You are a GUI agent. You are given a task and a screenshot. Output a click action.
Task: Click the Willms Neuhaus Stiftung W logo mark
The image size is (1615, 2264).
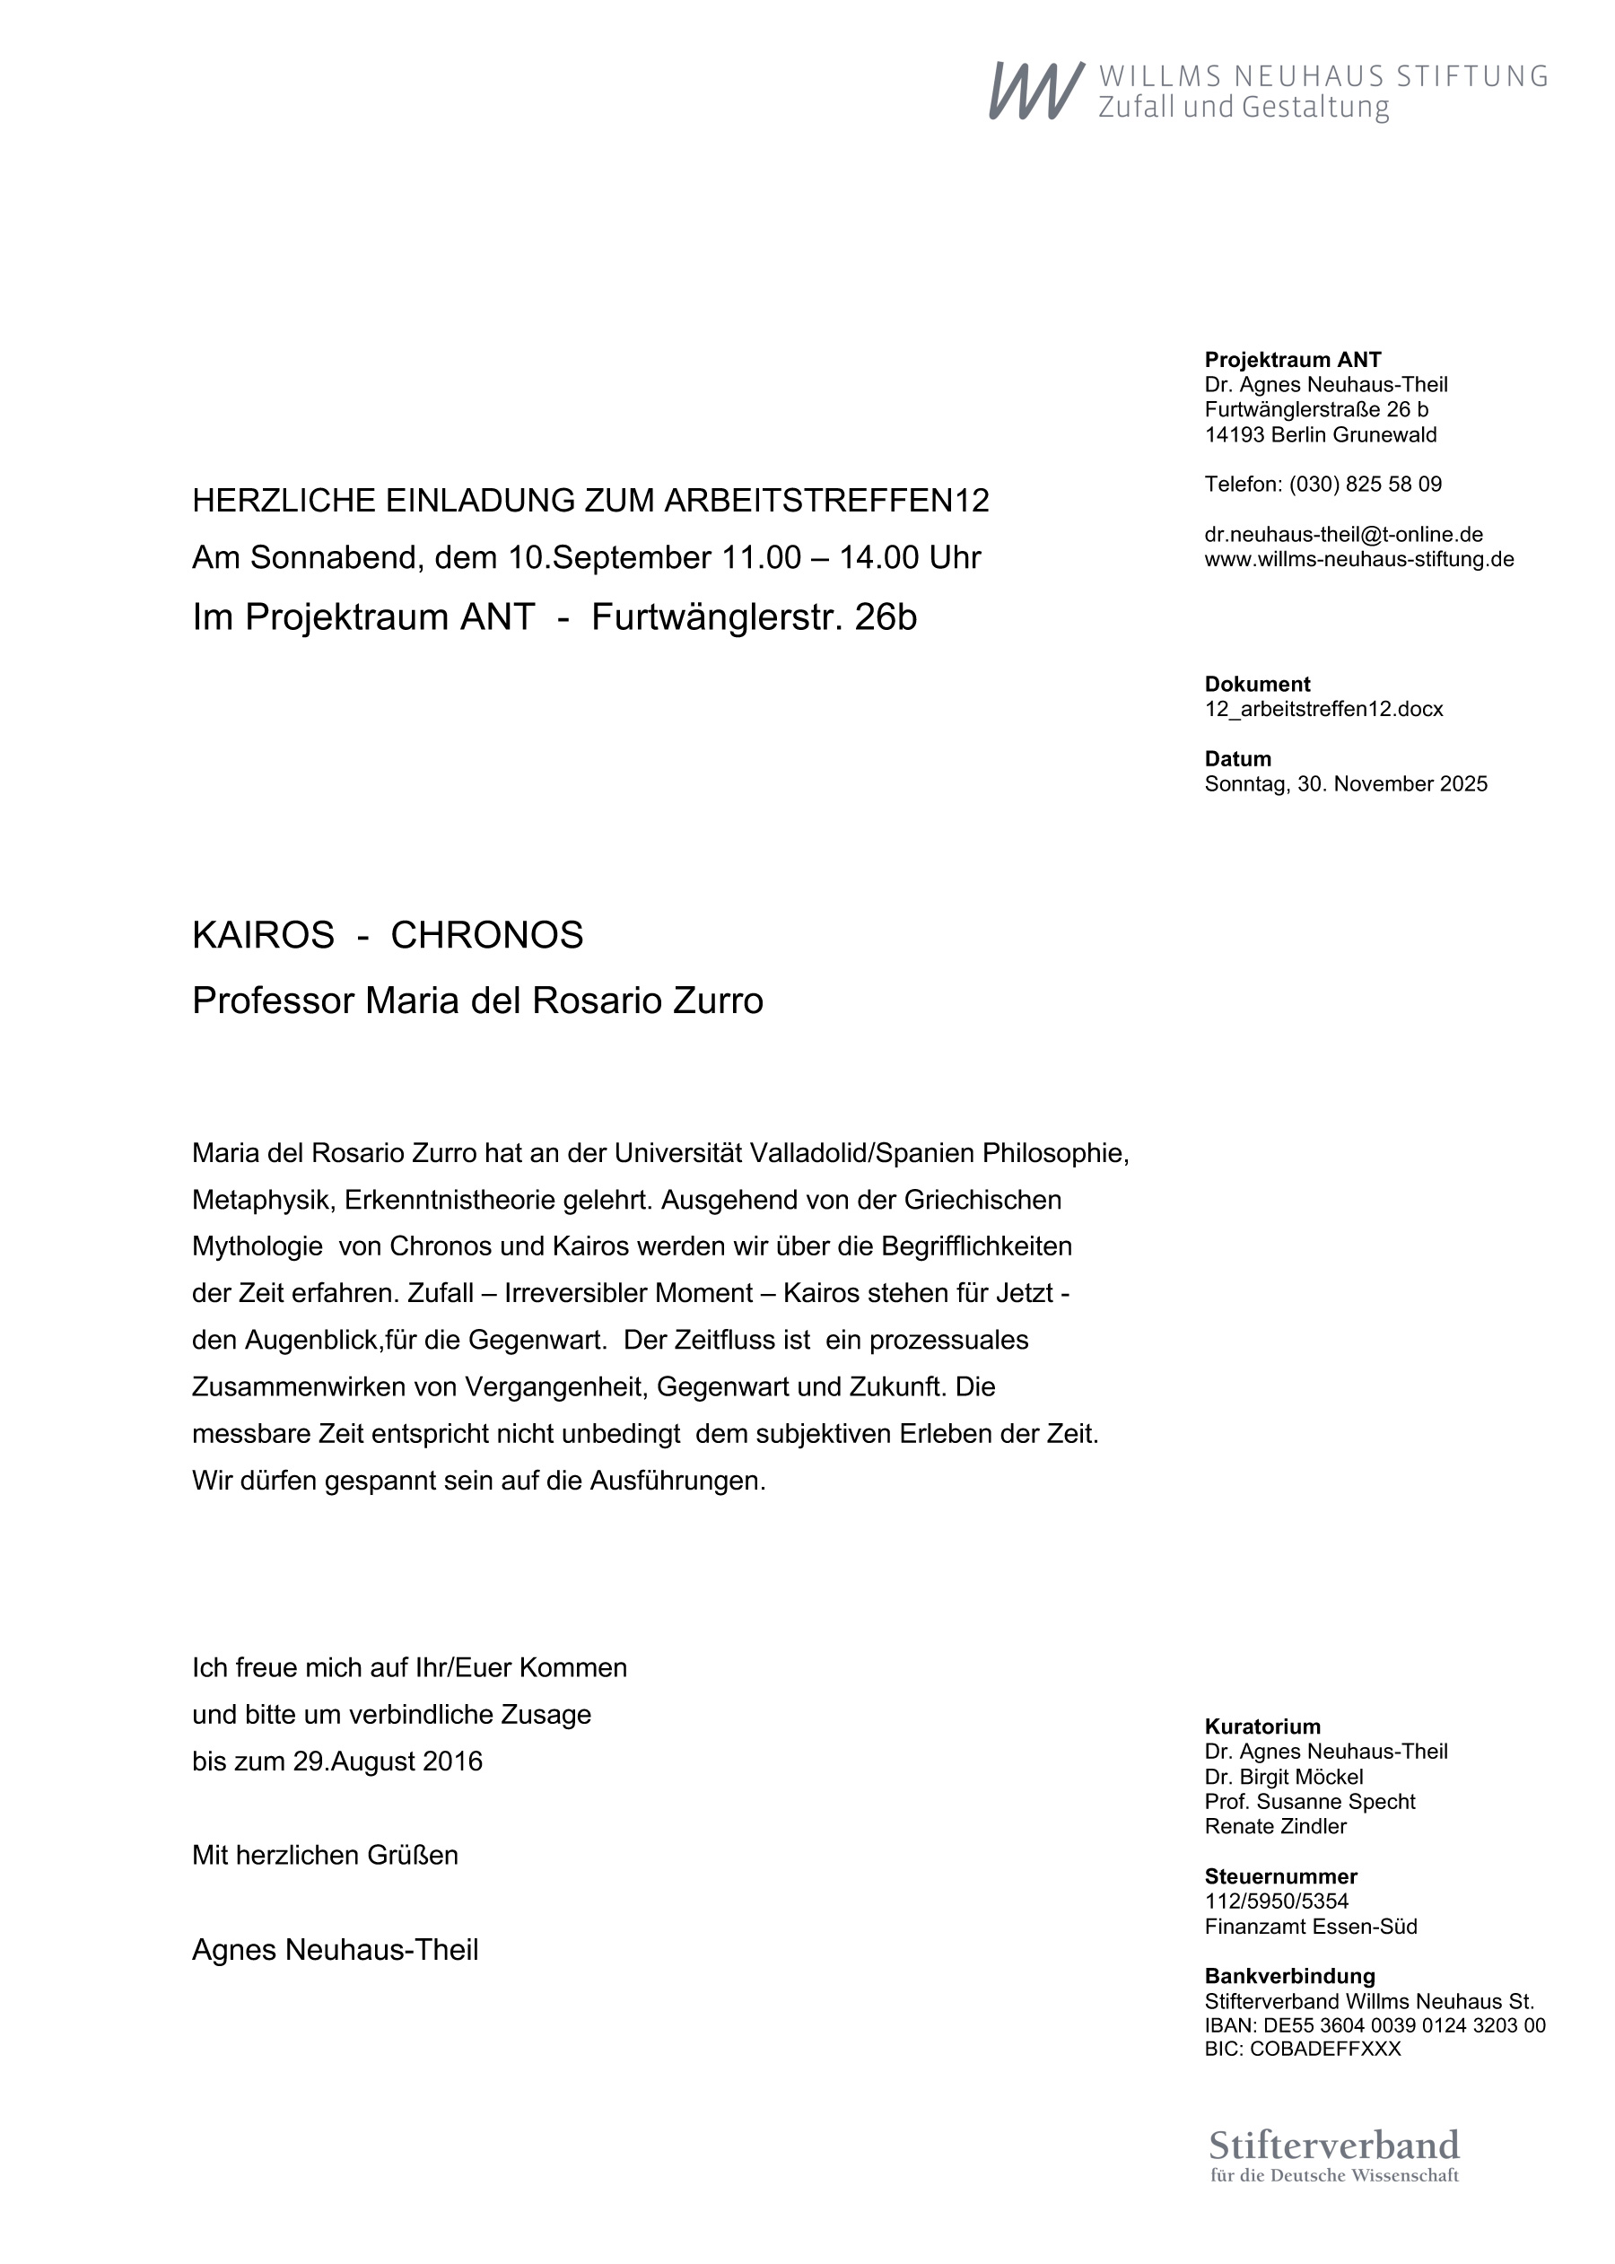1035,91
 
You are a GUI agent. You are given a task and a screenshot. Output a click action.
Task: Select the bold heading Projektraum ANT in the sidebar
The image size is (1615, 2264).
1293,360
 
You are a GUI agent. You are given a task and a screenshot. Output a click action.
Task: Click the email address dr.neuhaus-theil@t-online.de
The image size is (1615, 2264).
1343,535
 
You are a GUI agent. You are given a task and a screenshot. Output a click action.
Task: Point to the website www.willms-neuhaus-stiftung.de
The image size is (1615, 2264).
1359,560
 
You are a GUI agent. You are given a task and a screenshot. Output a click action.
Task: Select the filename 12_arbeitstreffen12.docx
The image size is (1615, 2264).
1323,709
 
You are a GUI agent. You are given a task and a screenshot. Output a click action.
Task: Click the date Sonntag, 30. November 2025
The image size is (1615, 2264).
1346,783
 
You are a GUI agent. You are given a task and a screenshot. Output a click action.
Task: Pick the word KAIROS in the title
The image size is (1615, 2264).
264,936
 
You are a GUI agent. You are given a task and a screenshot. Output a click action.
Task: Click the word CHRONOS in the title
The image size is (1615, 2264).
486,936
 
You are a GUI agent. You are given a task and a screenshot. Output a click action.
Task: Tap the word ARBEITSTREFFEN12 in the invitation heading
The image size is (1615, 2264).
826,500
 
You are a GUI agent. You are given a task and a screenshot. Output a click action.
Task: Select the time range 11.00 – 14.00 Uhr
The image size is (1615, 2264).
851,558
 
